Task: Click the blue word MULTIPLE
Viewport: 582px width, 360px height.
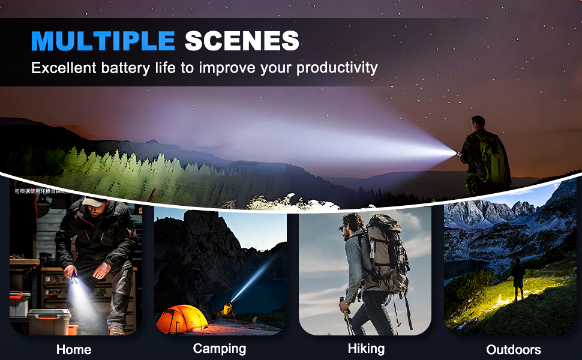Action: click(103, 41)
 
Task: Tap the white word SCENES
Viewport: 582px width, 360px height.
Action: click(241, 41)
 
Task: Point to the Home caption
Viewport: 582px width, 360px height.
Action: click(74, 349)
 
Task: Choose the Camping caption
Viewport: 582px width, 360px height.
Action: click(220, 348)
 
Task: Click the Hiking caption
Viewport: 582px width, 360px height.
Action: click(366, 348)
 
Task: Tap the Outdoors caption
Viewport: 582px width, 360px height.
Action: click(513, 349)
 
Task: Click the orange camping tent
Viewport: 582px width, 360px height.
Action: click(181, 319)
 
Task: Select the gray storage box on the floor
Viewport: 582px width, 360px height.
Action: click(49, 321)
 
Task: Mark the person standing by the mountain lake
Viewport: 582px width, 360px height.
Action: click(518, 278)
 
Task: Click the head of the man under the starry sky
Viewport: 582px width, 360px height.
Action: click(478, 122)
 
